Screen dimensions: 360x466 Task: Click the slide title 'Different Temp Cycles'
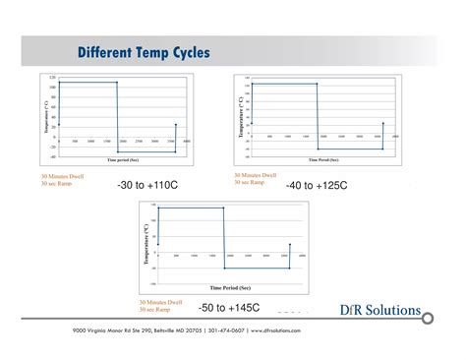(143, 52)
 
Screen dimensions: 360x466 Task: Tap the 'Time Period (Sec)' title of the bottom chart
(230, 287)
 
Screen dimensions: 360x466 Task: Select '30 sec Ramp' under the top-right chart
(250, 181)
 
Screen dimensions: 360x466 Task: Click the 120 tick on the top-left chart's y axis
(53, 77)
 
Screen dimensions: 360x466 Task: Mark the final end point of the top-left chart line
(176, 124)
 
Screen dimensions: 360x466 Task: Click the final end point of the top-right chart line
(382, 123)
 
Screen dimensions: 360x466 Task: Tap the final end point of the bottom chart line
(289, 244)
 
